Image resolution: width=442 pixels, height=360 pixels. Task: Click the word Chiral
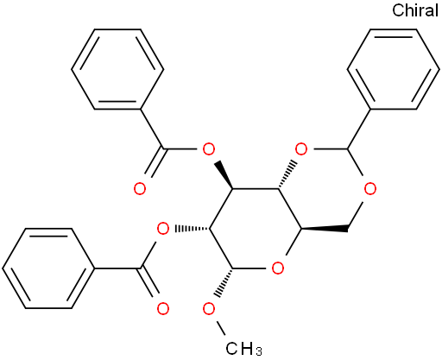[x=415, y=10]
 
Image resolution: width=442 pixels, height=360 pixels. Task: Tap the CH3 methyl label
[x=243, y=349]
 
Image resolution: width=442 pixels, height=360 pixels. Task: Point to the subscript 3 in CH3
[x=258, y=351]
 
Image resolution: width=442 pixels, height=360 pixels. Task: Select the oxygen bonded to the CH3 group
[x=209, y=309]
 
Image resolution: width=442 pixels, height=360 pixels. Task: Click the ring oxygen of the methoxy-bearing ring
[x=278, y=268]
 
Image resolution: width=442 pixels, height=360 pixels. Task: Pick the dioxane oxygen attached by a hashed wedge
[x=301, y=149]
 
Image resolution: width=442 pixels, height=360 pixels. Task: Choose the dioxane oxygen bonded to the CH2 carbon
[x=370, y=189]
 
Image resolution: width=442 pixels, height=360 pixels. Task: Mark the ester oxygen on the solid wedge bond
[x=209, y=149]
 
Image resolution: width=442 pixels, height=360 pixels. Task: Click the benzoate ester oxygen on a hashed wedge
[x=163, y=229]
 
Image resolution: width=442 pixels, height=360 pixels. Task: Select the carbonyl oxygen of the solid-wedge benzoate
[x=140, y=189]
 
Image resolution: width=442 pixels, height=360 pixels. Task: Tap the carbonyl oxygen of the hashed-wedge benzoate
[x=163, y=309]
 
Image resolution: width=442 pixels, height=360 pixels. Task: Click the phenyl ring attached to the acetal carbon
[x=394, y=69]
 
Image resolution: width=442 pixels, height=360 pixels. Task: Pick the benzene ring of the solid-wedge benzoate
[x=117, y=69]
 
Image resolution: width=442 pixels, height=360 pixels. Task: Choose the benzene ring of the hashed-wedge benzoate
[x=48, y=268]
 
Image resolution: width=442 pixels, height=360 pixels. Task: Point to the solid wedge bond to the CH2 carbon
[x=325, y=230]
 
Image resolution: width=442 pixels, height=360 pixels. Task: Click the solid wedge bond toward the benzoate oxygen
[x=224, y=175]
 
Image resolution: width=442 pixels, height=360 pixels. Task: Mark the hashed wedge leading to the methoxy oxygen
[x=224, y=283]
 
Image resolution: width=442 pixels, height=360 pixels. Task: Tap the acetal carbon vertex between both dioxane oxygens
[x=348, y=149]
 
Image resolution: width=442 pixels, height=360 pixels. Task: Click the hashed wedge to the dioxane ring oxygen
[x=287, y=174]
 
